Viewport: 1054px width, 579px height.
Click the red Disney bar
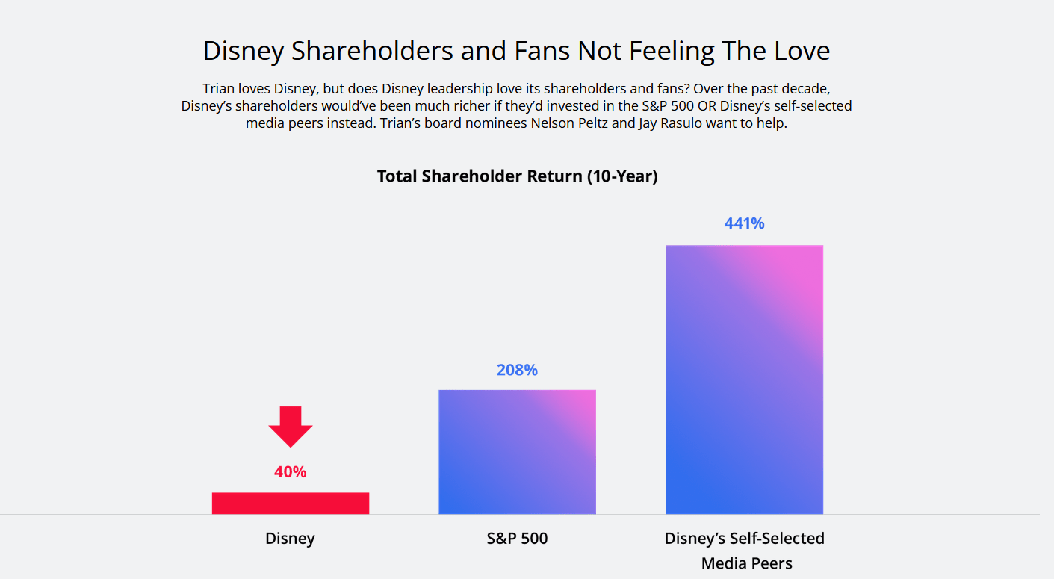coord(291,503)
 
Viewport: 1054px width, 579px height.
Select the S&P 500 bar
coord(517,452)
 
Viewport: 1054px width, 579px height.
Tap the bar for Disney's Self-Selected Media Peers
coord(744,380)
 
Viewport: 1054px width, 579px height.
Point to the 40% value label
coord(290,472)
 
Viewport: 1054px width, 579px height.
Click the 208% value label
coord(517,370)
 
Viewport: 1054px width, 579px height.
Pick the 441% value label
coord(744,223)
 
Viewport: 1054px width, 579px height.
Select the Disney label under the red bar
coord(290,539)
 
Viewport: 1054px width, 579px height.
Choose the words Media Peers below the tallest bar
coord(746,563)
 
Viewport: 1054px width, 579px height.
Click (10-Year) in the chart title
coord(622,176)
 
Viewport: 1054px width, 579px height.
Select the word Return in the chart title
coord(554,176)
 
